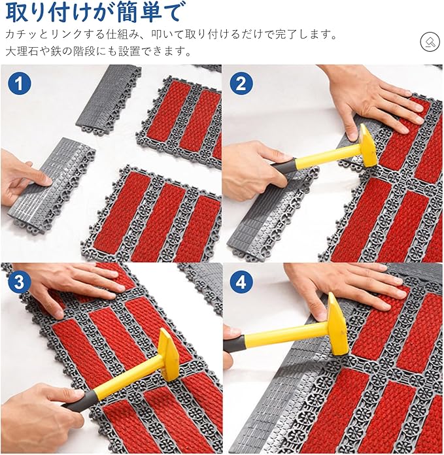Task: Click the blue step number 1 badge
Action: pos(19,83)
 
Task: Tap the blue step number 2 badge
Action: pos(241,83)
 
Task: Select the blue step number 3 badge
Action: pos(19,282)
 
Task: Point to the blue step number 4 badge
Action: pos(241,282)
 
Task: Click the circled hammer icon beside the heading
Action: pos(430,42)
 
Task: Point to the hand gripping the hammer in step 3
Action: pos(41,418)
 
